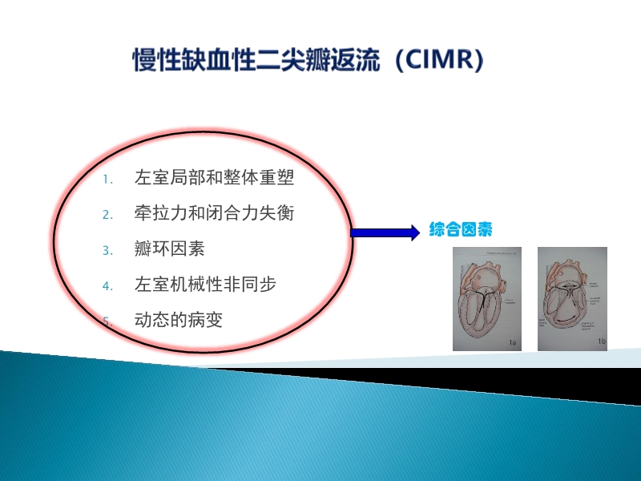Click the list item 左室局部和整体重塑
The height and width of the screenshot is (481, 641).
tap(220, 177)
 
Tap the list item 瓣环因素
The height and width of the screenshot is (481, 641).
tap(170, 249)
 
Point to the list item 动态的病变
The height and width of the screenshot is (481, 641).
tap(179, 320)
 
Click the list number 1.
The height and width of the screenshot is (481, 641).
tap(108, 179)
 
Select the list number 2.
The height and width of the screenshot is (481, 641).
tap(108, 214)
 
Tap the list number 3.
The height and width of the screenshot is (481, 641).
tap(108, 250)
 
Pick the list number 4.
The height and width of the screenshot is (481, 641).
tap(108, 285)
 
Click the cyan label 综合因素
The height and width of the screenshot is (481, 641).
tap(461, 229)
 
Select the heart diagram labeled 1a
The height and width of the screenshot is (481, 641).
tap(486, 298)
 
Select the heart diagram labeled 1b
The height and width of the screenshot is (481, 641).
tap(572, 298)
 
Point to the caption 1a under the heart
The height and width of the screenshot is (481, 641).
tap(512, 343)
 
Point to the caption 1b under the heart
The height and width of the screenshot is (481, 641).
tap(600, 342)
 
